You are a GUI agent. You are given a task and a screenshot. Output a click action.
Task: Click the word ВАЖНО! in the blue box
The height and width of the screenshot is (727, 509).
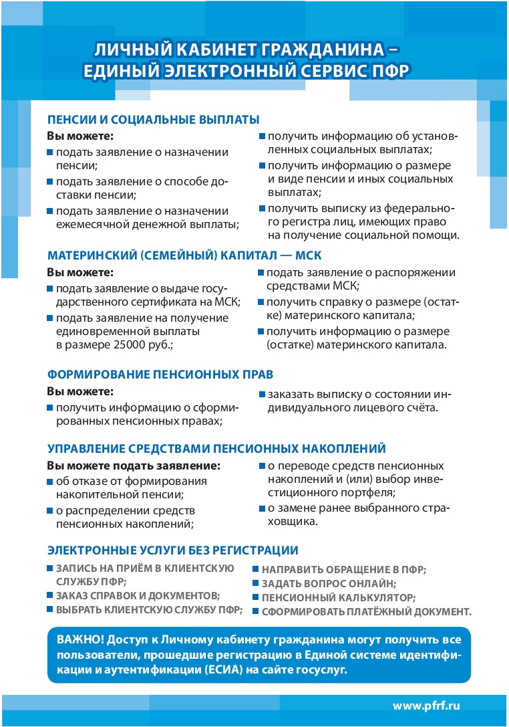pos(79,640)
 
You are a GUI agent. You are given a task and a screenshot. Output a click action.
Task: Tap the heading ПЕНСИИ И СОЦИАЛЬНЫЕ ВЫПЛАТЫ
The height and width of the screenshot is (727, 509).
pos(153,120)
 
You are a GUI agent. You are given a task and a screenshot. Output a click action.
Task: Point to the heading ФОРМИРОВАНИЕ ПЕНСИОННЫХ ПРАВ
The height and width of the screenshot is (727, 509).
pos(160,375)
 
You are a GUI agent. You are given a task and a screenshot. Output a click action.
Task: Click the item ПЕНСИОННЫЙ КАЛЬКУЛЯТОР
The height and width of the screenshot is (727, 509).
pos(338,597)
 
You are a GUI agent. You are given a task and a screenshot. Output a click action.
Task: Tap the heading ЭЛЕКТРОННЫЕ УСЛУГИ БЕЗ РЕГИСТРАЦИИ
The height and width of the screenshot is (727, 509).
pos(172,550)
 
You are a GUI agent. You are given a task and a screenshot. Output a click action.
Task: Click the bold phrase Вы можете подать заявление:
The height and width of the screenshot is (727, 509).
pos(133,465)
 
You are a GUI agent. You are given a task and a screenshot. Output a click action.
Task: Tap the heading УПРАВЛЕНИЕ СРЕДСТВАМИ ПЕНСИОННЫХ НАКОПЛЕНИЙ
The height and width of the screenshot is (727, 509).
pos(216,448)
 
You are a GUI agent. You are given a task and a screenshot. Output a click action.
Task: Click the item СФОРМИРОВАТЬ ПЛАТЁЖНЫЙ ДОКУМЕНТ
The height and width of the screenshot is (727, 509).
pos(366,611)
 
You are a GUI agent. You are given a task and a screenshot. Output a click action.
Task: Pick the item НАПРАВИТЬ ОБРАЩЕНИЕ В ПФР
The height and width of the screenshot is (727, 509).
pos(343,569)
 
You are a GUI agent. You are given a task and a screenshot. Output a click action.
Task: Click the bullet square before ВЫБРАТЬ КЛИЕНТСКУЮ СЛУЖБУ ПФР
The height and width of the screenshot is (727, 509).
pos(50,609)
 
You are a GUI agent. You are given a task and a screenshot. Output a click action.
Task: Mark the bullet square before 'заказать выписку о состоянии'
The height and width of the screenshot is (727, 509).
pos(263,393)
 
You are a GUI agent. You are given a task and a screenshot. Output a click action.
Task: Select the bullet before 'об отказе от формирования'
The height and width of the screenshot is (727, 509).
pos(50,482)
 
